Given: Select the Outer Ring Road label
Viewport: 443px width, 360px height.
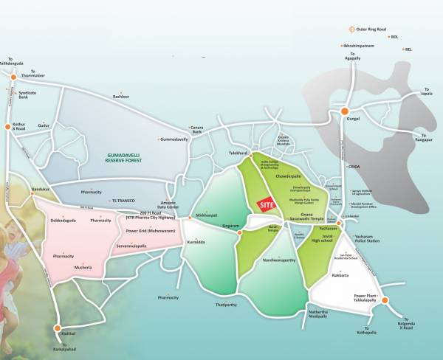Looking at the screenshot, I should tap(371, 29).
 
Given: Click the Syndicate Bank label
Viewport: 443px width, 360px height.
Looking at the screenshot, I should tap(27, 94).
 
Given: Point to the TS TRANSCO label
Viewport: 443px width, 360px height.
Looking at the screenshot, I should tap(123, 201).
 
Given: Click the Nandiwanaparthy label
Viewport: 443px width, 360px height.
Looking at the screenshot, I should tap(279, 260).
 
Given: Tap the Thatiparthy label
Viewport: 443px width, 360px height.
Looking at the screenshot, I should tap(225, 304).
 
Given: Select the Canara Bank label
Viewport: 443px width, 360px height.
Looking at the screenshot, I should tap(197, 129).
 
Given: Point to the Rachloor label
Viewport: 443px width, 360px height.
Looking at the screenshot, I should tap(121, 96).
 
